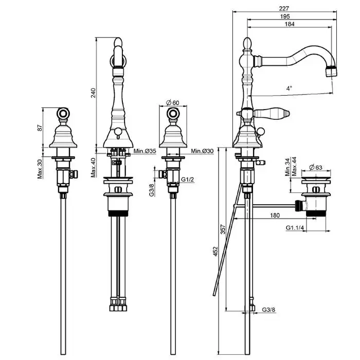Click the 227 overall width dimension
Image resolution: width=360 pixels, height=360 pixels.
tap(284, 9)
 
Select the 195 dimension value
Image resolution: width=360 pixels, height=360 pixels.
tap(285, 16)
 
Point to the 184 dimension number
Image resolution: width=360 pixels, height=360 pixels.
tap(290, 24)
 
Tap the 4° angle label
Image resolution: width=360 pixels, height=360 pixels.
tap(289, 88)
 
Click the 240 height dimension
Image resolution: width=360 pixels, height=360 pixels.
tap(93, 93)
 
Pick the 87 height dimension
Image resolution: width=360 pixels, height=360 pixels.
tap(40, 128)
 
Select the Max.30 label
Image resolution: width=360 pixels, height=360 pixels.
tap(40, 169)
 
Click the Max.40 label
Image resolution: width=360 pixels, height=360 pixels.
tap(93, 168)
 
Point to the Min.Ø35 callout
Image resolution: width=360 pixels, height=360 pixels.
tap(145, 151)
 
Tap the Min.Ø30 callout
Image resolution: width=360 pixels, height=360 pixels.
tap(202, 151)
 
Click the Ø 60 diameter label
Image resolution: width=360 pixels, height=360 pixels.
tap(173, 103)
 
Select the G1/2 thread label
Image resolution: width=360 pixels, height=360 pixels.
tap(188, 179)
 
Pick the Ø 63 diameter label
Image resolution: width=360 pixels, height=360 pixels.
tap(316, 167)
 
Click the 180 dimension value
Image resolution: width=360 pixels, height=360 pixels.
tap(275, 215)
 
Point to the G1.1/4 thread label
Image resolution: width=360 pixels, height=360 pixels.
tap(295, 228)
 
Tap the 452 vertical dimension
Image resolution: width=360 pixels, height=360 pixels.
tap(215, 251)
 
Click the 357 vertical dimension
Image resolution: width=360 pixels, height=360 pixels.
tap(223, 229)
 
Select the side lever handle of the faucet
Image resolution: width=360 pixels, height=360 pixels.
tap(271, 113)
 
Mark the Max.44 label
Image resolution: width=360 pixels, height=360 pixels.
tap(294, 167)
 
